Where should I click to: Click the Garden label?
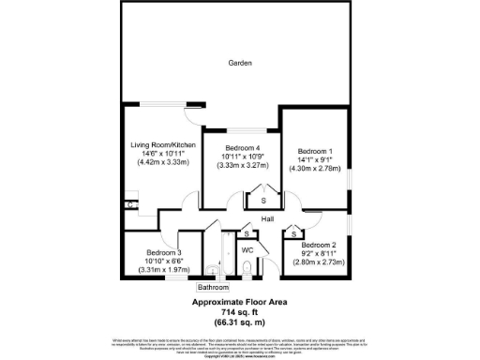(240, 63)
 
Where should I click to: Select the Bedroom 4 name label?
(241, 148)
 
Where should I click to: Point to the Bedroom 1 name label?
(314, 151)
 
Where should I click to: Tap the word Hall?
(267, 218)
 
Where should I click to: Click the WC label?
(248, 250)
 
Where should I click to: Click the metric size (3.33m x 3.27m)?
(241, 165)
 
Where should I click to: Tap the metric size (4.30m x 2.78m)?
(314, 168)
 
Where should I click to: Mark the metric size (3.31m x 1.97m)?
(163, 270)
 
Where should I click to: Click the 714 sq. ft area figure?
(239, 310)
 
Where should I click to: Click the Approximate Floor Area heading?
(239, 302)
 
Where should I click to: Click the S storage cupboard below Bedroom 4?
(263, 201)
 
